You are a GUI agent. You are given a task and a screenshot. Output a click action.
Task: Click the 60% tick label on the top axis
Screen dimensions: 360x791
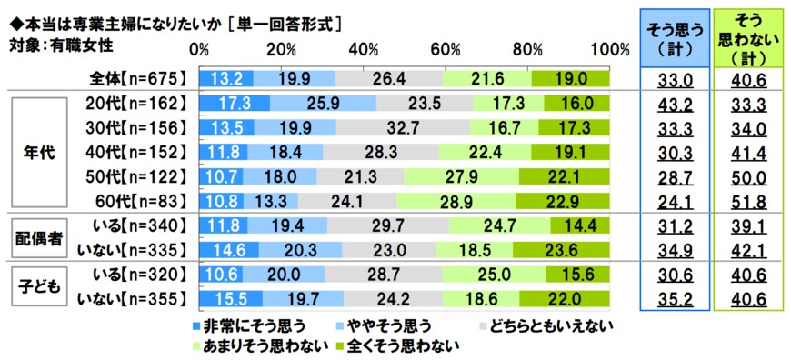446,48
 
